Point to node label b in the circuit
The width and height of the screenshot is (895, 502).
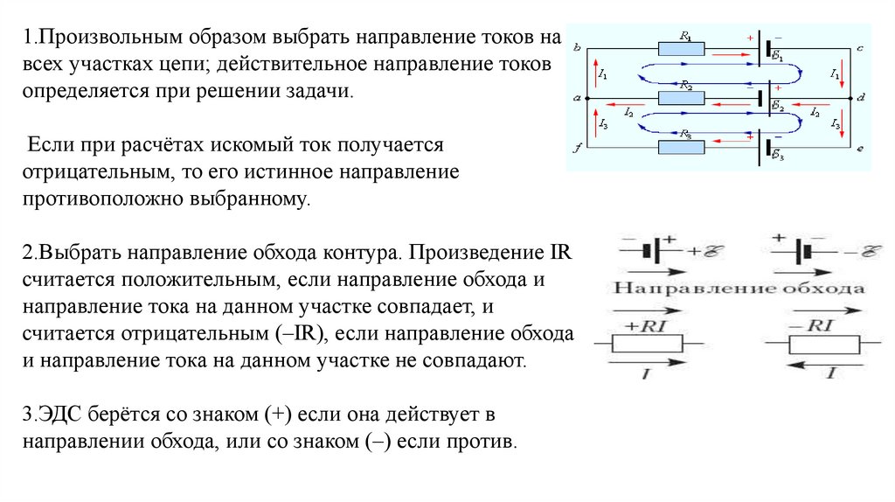point(577,48)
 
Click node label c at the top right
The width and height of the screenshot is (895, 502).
point(861,47)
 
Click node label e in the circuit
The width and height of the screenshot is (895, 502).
point(861,150)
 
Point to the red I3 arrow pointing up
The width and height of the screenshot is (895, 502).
point(596,123)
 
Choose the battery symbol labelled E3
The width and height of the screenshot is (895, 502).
point(767,150)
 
